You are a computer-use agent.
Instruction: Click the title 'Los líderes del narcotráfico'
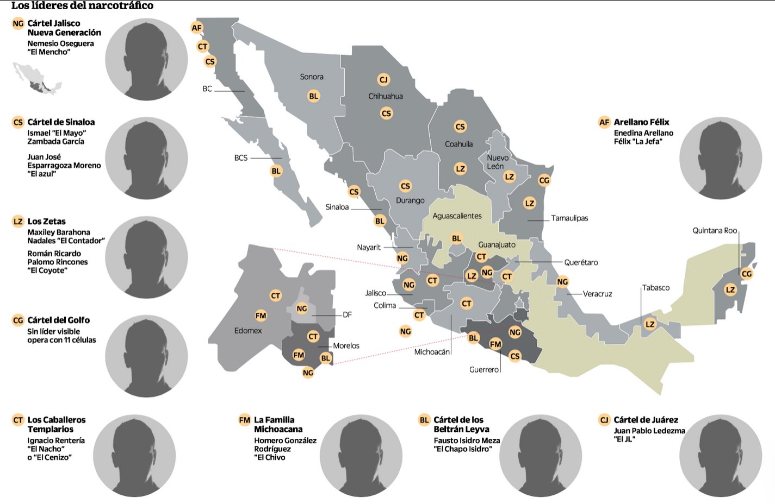(x=82, y=6)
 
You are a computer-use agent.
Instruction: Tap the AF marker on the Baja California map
(x=196, y=28)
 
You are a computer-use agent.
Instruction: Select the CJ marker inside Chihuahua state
(x=383, y=80)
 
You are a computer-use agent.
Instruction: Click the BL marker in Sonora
(x=314, y=96)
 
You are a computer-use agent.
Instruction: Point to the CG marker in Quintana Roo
(x=747, y=274)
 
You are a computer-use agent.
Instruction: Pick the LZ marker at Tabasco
(x=650, y=324)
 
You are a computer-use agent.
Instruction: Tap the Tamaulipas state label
(x=569, y=218)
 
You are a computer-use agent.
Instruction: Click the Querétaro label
(x=581, y=262)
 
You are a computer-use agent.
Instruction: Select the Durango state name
(x=410, y=200)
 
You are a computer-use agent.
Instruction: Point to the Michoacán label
(x=432, y=352)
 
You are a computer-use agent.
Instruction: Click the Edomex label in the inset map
(x=248, y=331)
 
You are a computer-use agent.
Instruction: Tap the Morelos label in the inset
(x=346, y=346)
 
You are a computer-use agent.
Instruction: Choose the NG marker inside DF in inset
(x=302, y=308)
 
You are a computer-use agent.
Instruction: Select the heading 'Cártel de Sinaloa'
(x=61, y=122)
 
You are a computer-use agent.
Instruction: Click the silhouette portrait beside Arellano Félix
(x=720, y=158)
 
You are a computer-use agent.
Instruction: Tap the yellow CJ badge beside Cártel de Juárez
(x=604, y=420)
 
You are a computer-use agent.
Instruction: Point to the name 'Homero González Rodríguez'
(x=285, y=445)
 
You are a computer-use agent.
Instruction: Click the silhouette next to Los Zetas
(x=146, y=257)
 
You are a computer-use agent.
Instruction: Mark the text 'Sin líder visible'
(x=53, y=331)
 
